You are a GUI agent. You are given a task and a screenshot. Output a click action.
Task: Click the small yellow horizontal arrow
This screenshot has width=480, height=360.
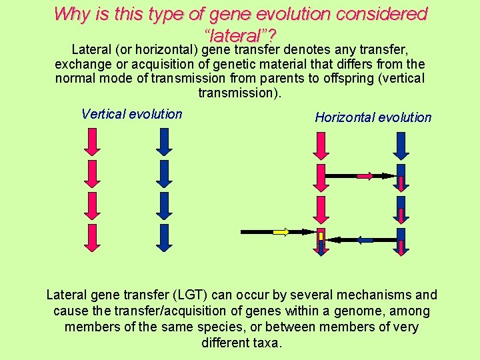tap(281, 232)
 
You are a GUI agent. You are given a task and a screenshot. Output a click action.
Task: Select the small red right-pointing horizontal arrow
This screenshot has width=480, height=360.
tap(365, 176)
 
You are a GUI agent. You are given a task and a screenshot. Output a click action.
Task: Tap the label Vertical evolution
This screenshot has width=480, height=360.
tap(131, 114)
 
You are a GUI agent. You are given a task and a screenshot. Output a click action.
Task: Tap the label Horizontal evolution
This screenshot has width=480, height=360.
tap(373, 117)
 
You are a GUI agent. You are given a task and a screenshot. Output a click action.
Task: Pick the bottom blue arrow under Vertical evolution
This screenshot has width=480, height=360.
tap(164, 237)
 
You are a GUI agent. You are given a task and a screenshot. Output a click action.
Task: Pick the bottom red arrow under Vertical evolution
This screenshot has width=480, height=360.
tap(93, 237)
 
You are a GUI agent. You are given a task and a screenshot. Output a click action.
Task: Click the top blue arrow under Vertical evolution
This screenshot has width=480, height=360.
tap(164, 141)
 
